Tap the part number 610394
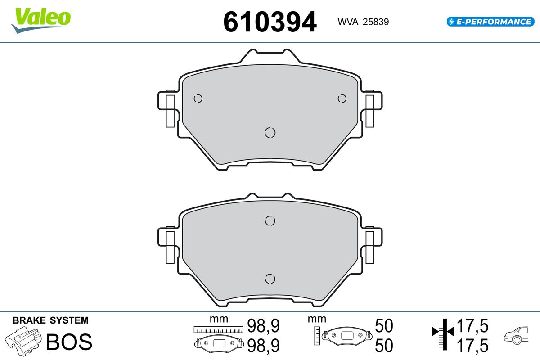pyautogui.click(x=270, y=22)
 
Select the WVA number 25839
pyautogui.click(x=376, y=22)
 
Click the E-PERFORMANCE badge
pyautogui.click(x=490, y=22)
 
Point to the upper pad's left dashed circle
pyautogui.click(x=198, y=99)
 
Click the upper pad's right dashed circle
pyautogui.click(x=342, y=99)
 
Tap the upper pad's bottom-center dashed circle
pyautogui.click(x=270, y=133)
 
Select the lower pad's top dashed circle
pyautogui.click(x=270, y=220)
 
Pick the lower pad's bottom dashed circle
pyautogui.click(x=270, y=279)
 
